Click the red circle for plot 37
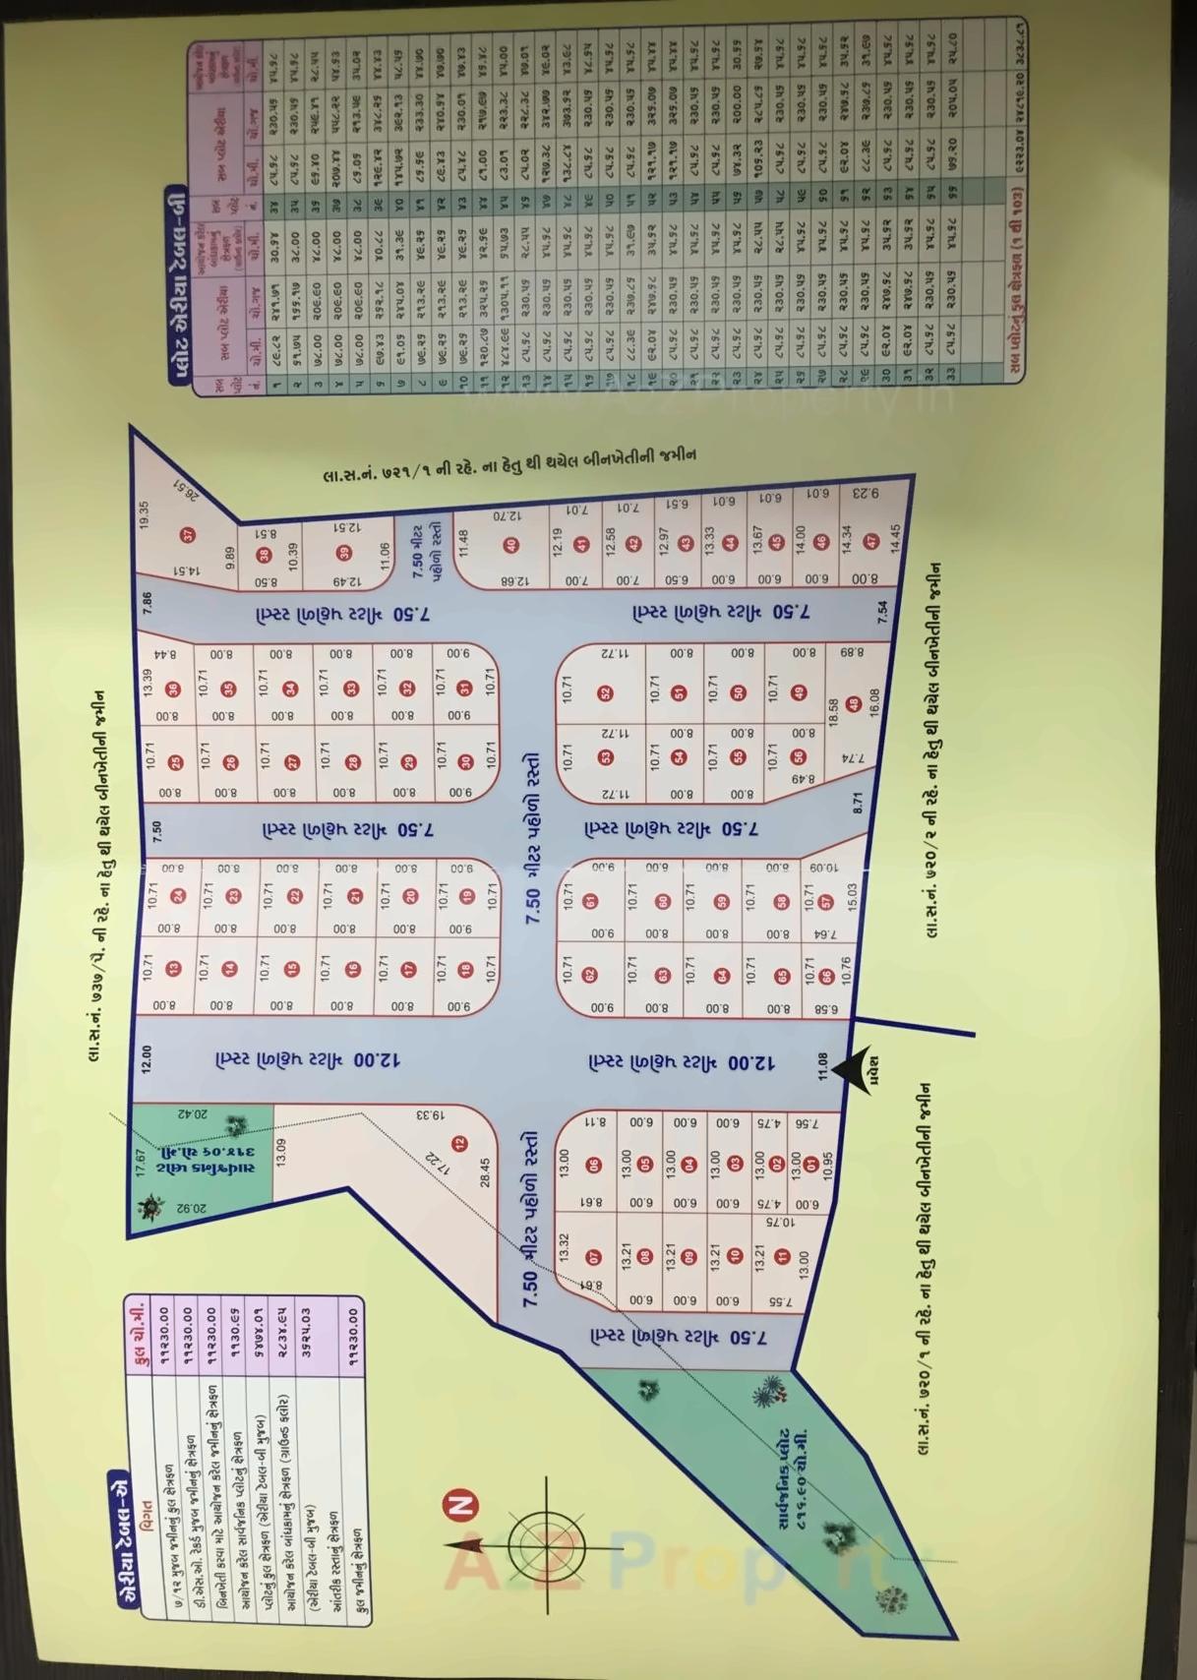coord(187,535)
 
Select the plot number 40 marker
coord(510,546)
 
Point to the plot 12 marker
coord(459,1144)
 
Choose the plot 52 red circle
coord(606,693)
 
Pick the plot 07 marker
coord(593,1257)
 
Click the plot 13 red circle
coord(174,969)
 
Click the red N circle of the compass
coord(462,1504)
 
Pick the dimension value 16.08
coord(874,699)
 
